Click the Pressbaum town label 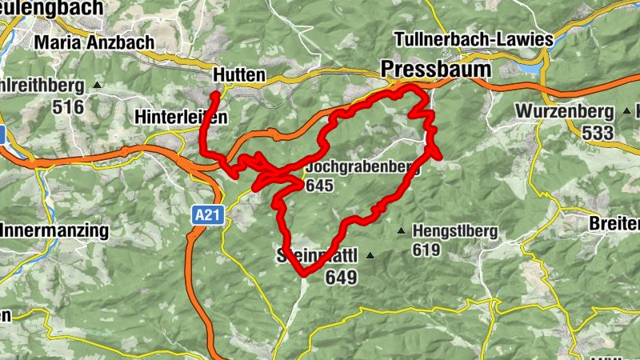tap(436, 69)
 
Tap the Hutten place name tap(239, 74)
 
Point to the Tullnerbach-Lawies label tap(474, 39)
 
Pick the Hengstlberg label tap(455, 231)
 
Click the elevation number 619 tap(427, 250)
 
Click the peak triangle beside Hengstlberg tap(401, 231)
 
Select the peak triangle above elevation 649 tap(370, 256)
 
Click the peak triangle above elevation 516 tap(98, 84)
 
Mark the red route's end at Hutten tap(215, 96)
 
